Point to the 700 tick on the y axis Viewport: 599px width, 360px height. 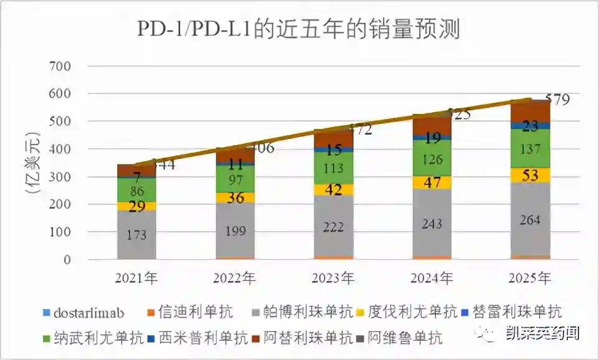coord(60,65)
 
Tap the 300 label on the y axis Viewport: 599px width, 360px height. coord(60,176)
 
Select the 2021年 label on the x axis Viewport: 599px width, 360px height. coord(136,278)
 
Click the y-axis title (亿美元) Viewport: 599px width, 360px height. coord(33,163)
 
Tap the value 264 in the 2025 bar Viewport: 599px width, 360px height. coord(530,220)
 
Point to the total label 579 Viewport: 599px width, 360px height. coord(557,100)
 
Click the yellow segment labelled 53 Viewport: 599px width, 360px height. coord(530,175)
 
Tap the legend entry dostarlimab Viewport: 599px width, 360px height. coord(88,311)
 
